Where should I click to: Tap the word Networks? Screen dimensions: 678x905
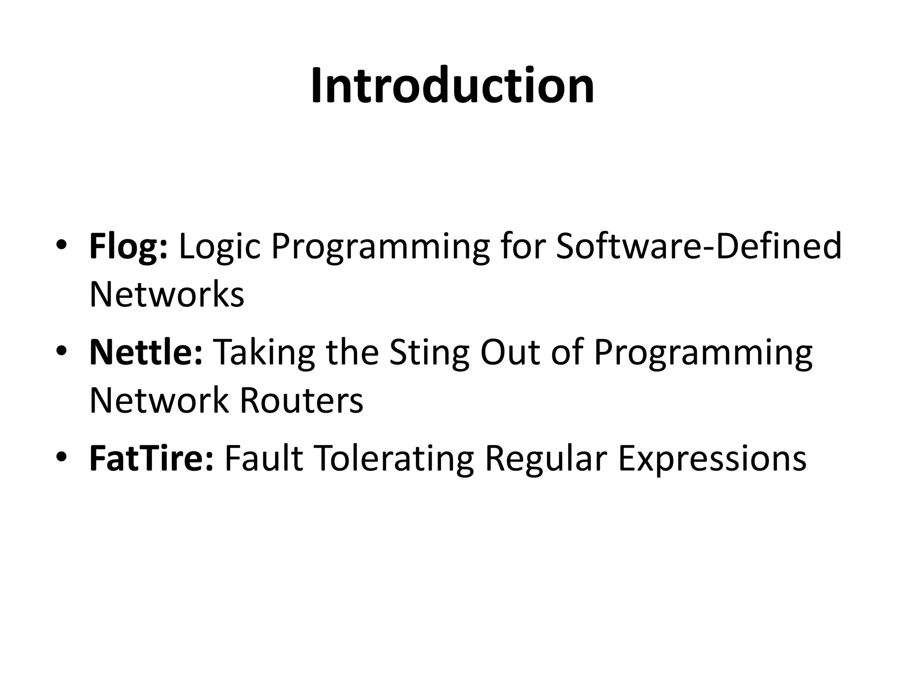click(167, 295)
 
